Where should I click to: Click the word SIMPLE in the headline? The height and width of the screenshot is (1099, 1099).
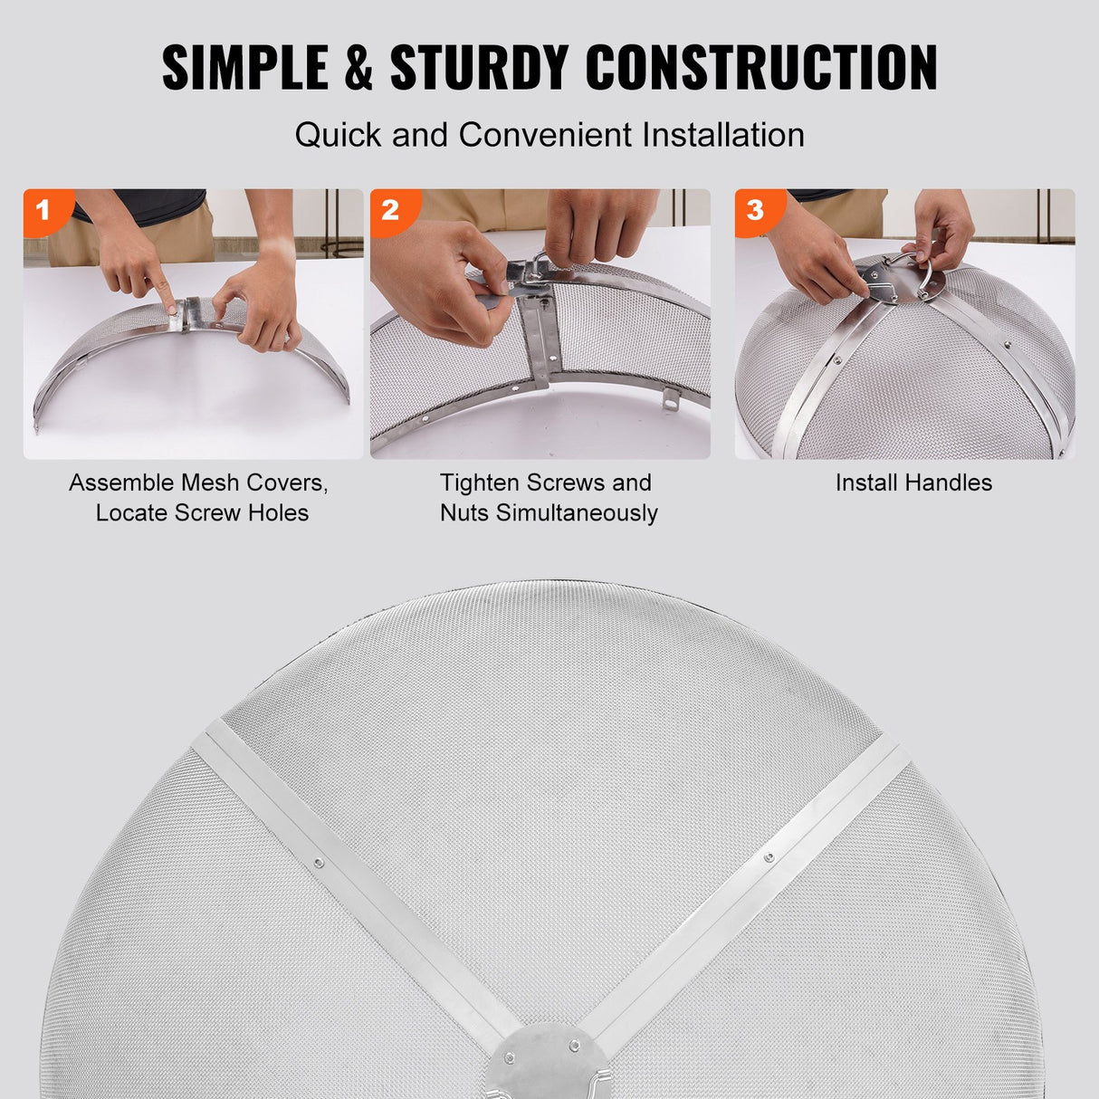244,68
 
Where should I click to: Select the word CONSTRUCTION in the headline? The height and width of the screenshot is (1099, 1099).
761,68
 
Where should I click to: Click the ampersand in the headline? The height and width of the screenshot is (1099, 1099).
358,69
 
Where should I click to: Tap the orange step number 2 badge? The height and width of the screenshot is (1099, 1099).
391,211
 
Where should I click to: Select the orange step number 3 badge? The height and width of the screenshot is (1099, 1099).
756,211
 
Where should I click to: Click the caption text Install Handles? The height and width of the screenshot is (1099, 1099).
913,483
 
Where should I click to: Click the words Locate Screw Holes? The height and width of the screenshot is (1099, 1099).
202,513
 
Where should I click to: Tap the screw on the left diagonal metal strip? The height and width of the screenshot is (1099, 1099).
318,863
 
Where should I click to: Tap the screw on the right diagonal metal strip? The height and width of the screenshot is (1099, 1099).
769,856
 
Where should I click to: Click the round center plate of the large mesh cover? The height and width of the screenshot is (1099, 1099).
541,1068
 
